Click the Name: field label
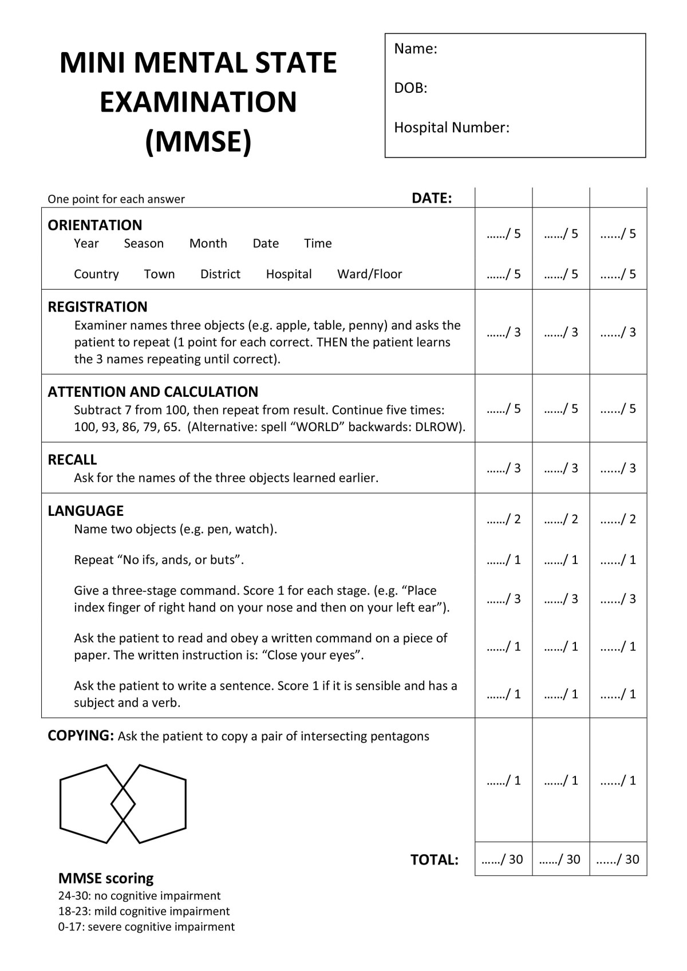coord(415,49)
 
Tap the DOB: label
coord(410,88)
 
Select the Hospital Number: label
coord(451,127)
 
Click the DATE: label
coord(432,198)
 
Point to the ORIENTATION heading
coord(94,225)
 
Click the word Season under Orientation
coord(144,243)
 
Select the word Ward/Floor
coord(369,274)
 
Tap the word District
coord(220,274)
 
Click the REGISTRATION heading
coord(97,307)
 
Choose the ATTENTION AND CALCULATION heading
coord(153,392)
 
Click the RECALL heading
coord(72,460)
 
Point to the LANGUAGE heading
coord(85,511)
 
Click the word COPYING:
coord(81,736)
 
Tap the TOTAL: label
coord(434,859)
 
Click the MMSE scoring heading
coord(106,878)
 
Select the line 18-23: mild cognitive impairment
coord(144,911)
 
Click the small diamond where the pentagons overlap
coord(123,804)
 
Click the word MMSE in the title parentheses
coord(198,141)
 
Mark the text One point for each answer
coord(116,199)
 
